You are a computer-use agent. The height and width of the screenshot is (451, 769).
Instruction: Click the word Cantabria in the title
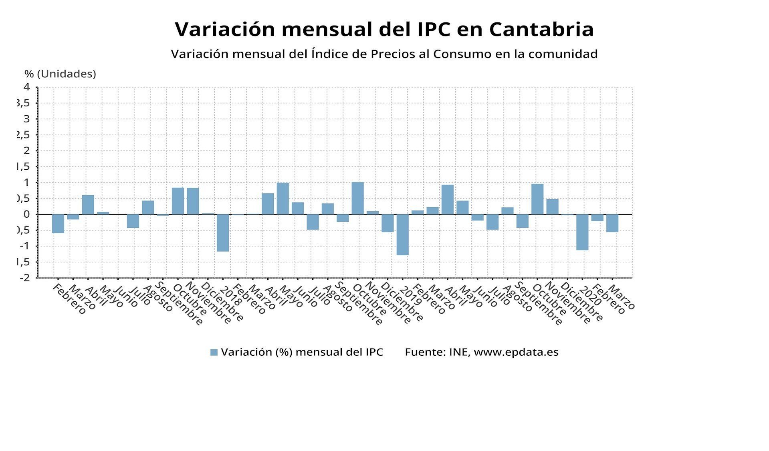[541, 29]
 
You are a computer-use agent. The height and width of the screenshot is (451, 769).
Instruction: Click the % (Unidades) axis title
[61, 74]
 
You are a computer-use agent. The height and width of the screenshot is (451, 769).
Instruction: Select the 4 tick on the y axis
[27, 87]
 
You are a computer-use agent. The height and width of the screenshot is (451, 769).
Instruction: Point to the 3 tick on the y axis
[27, 119]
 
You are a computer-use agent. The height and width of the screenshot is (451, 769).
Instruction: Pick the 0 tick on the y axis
[27, 214]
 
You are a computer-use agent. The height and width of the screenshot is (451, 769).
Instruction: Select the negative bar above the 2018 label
[223, 233]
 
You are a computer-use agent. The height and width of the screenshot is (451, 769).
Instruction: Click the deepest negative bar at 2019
[402, 235]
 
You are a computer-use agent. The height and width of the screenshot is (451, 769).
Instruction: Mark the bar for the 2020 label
[582, 232]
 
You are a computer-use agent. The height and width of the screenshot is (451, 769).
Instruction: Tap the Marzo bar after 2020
[612, 223]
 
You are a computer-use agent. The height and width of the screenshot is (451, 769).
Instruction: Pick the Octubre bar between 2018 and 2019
[357, 198]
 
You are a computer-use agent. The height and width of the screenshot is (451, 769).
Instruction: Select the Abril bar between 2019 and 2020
[447, 199]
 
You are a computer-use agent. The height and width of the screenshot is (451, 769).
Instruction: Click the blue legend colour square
[214, 353]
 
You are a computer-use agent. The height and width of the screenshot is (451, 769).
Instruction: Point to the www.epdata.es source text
[516, 352]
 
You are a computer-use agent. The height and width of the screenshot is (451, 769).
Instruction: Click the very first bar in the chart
[58, 223]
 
